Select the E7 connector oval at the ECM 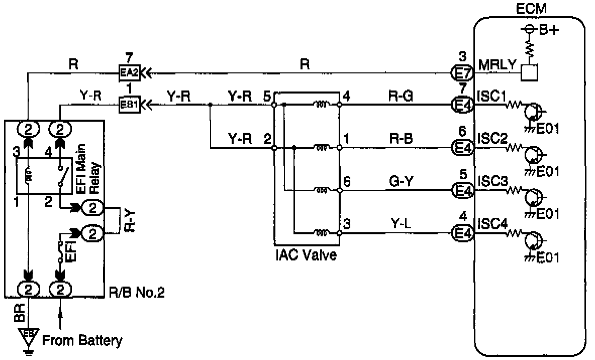tap(462, 72)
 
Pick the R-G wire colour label tap(401, 97)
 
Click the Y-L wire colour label tap(401, 223)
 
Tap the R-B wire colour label tap(401, 139)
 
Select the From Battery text tap(82, 340)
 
